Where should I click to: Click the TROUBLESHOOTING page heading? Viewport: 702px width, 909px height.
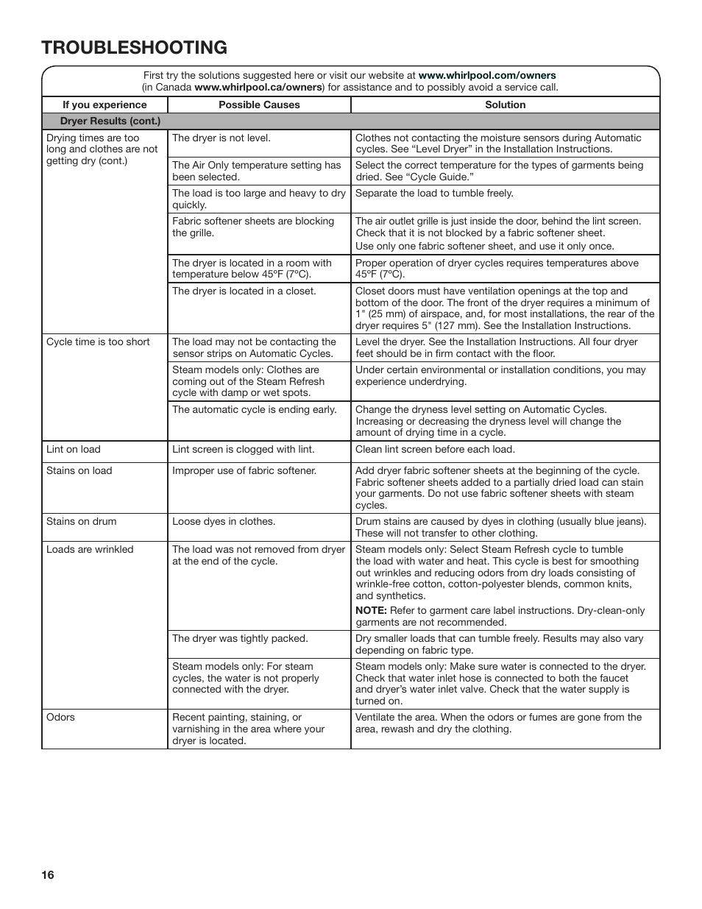coord(135,48)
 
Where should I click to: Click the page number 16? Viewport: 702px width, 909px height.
coord(48,875)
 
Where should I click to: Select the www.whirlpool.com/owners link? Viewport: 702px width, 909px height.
coord(487,75)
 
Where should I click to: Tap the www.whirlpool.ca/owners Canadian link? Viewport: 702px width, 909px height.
coord(258,87)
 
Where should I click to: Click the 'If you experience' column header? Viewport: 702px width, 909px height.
coord(104,105)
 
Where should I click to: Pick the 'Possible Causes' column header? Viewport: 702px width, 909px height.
coord(259,105)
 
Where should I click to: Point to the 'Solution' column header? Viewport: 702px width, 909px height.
coord(505,105)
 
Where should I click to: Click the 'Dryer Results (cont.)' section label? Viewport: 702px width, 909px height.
coord(110,121)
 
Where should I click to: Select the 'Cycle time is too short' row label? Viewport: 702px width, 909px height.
coord(98,342)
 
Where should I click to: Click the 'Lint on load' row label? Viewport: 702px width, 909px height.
coord(74,449)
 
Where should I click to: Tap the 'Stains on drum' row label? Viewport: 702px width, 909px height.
coord(81,521)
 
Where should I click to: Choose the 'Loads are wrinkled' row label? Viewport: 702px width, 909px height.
coord(90,549)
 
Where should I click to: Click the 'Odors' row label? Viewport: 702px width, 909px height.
coord(60,717)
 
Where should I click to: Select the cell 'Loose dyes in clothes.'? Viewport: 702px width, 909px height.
coord(224,521)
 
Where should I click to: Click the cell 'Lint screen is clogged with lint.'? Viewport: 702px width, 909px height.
coord(243,449)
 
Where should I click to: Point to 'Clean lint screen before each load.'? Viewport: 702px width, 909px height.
coord(435,449)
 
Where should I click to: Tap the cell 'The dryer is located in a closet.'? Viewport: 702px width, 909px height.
coord(244,291)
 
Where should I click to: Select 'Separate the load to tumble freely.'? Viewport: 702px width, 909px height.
coord(434,193)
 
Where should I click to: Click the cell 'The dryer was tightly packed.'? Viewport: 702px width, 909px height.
coord(240,638)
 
